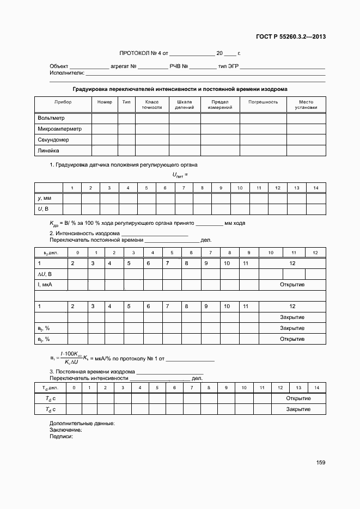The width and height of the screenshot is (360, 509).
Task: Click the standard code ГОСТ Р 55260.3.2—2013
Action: (x=291, y=38)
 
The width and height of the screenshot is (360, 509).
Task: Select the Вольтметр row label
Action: (x=51, y=118)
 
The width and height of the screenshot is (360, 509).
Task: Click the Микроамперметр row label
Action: (x=59, y=129)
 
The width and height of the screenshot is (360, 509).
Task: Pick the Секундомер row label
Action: (x=53, y=140)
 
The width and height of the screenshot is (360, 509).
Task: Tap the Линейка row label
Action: (x=48, y=150)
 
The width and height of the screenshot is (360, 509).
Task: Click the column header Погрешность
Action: (x=263, y=102)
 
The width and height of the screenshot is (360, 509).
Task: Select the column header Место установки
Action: (x=306, y=105)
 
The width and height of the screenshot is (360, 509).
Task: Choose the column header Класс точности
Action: (x=152, y=105)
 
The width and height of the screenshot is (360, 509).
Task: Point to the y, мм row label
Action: (x=44, y=198)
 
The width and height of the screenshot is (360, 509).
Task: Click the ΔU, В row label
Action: (x=45, y=274)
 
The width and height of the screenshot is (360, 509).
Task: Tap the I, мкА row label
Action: (x=44, y=285)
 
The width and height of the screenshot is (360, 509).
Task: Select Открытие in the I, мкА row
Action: (x=292, y=285)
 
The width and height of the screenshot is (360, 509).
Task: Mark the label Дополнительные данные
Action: (x=82, y=423)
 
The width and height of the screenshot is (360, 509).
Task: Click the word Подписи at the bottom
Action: (x=61, y=436)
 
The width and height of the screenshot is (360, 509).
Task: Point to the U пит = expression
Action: (x=180, y=175)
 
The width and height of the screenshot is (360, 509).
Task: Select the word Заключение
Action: (x=65, y=430)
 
